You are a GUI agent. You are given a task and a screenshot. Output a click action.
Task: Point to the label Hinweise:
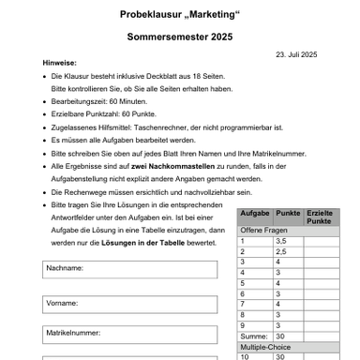[59, 62]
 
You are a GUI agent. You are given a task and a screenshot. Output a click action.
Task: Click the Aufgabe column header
[255, 214]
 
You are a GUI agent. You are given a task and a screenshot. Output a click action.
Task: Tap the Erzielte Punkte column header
[320, 217]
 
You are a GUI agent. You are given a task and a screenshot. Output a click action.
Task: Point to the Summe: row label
[254, 336]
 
